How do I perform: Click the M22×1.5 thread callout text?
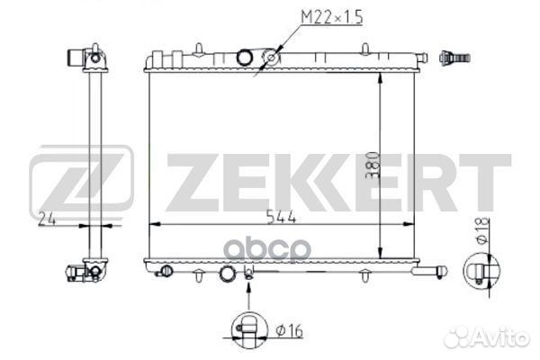pyautogui.click(x=332, y=18)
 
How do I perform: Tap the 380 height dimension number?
pyautogui.click(x=373, y=165)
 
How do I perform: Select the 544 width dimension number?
pyautogui.click(x=282, y=217)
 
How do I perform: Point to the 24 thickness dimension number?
pyautogui.click(x=47, y=219)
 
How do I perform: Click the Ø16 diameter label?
pyautogui.click(x=289, y=331)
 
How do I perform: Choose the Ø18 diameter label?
pyautogui.click(x=482, y=230)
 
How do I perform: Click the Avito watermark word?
pyautogui.click(x=486, y=336)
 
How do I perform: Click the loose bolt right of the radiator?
pyautogui.click(x=454, y=58)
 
